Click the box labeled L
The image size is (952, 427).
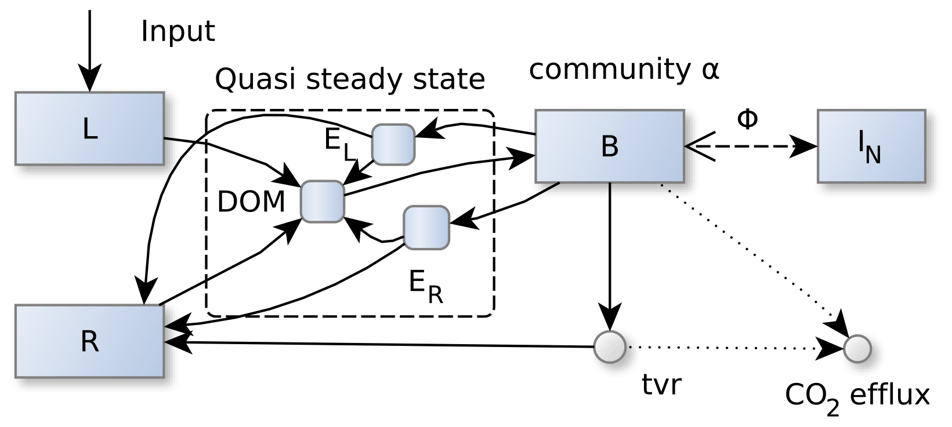point(89,128)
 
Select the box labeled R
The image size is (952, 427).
point(89,341)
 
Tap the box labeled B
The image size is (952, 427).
point(609,146)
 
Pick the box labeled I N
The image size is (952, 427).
point(871,146)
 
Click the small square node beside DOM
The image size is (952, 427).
point(322,201)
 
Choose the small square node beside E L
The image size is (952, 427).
point(393,144)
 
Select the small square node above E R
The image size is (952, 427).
point(426,227)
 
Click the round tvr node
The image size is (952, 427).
point(610,347)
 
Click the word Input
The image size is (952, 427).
point(178,31)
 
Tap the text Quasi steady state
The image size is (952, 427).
point(350,79)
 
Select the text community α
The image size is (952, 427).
point(624,70)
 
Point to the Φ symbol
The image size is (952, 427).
point(747,119)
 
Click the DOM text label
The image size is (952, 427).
point(251,202)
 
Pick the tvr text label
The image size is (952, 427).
point(661,385)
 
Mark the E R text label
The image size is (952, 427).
point(425,286)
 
